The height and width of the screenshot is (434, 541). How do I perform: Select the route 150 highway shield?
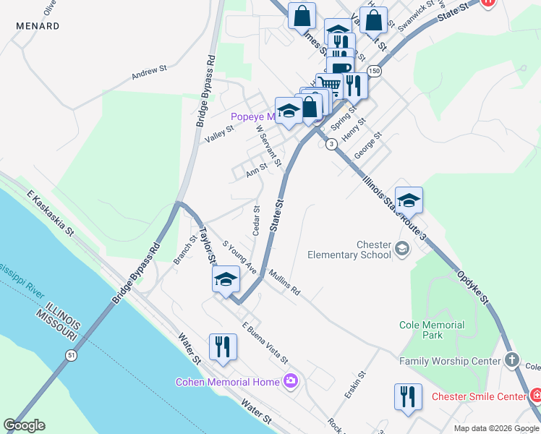click(373, 71)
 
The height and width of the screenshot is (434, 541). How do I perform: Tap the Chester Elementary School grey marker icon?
click(402, 250)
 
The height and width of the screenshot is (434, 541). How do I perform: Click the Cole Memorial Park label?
click(432, 330)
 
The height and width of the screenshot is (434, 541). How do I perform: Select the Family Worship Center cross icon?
click(511, 360)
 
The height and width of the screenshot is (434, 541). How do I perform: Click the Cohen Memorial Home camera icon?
click(291, 380)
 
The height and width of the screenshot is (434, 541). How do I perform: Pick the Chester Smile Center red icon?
click(536, 396)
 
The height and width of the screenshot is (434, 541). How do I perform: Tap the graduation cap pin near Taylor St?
click(226, 279)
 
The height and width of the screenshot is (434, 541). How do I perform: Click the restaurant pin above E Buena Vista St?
click(222, 346)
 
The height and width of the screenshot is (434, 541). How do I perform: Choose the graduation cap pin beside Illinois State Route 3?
click(409, 200)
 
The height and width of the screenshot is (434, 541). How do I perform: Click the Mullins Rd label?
click(284, 284)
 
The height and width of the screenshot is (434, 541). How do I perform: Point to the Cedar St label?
click(256, 221)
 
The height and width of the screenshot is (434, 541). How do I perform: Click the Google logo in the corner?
click(24, 425)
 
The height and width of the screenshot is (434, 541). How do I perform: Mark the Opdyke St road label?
click(474, 286)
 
